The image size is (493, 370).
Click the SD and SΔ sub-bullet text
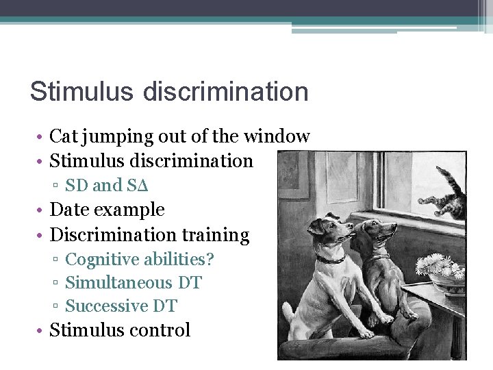[x=107, y=185]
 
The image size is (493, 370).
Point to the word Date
[x=71, y=210]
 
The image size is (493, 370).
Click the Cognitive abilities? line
[x=140, y=260]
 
